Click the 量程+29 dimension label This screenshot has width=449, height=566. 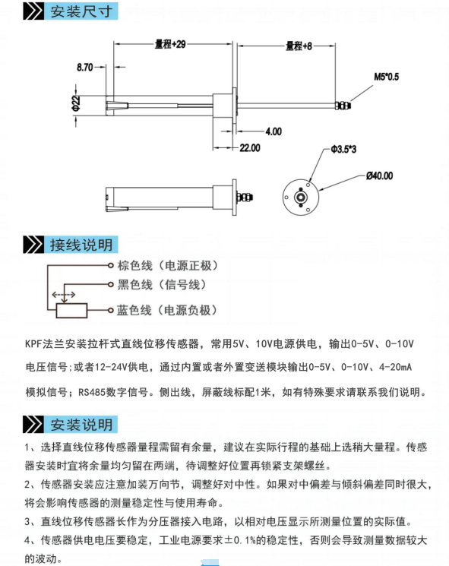pos(170,44)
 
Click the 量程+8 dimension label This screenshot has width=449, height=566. pos(299,46)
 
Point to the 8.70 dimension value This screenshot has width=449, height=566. pos(84,67)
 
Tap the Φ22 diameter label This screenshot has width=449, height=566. pos(76,103)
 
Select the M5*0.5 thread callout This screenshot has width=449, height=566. pos(386,77)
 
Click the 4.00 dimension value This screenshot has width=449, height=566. pos(274,131)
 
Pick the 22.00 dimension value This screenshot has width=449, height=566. pos(250,148)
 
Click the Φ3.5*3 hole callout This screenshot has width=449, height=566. pos(343,149)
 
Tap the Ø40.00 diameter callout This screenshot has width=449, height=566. pos(379,175)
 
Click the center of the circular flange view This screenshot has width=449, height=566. pos(301,197)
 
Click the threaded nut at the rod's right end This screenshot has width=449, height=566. pos(343,105)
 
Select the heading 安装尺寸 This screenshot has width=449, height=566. pos(81,11)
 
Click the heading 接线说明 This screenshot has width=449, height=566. pos(81,245)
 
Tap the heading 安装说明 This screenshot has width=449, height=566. pos(81,425)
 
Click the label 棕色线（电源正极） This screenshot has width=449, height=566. pos(168,266)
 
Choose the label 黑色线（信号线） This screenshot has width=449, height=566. pos(162,285)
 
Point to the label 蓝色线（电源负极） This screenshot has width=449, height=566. pos(167,310)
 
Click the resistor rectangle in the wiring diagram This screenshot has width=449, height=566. pos(71,311)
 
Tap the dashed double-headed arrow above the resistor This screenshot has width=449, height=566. pos(64,295)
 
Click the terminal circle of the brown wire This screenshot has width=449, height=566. pos(111,266)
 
